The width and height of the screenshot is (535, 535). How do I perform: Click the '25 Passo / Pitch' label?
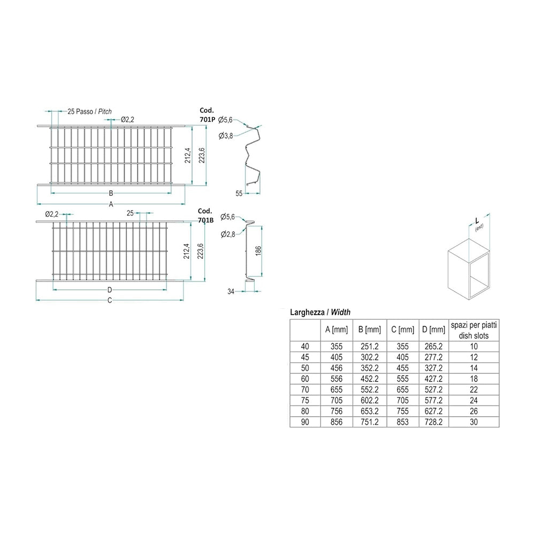tap(89, 111)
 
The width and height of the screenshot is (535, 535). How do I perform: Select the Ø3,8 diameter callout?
tap(226, 136)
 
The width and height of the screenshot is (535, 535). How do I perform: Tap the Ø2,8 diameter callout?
tap(227, 234)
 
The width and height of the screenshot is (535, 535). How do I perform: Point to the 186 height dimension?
tap(258, 250)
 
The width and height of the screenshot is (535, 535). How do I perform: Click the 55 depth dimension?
tap(239, 194)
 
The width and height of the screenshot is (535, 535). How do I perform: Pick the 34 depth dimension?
tap(231, 292)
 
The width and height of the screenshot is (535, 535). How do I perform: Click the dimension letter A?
tap(111, 204)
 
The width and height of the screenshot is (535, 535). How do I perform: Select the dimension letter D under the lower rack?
tap(110, 290)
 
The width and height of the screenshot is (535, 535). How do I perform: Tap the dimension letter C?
tap(110, 300)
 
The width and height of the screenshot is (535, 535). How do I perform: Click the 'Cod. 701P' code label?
tap(207, 115)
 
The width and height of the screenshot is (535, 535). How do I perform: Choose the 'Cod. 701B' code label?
tap(205, 216)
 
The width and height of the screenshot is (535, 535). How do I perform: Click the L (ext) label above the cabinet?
tap(478, 224)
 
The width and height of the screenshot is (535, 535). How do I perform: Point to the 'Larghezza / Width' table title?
tap(320, 312)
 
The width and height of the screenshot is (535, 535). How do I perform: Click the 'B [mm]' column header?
tap(370, 330)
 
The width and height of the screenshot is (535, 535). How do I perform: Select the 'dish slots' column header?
tap(473, 336)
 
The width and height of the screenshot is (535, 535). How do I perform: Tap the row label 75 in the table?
tap(305, 401)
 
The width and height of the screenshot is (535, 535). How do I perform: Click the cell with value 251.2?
tap(370, 347)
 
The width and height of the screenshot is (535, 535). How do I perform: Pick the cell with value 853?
tap(403, 422)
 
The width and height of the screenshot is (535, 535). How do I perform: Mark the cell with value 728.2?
tap(433, 422)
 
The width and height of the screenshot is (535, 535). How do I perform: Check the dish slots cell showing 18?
tap(473, 379)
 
